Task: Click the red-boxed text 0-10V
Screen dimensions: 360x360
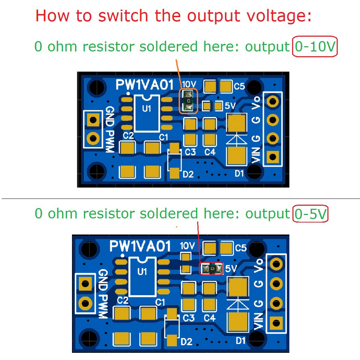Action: coord(315,47)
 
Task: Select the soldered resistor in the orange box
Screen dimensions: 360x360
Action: coord(189,101)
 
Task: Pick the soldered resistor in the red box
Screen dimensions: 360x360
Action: coord(211,269)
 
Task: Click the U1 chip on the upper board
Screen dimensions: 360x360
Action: coord(146,112)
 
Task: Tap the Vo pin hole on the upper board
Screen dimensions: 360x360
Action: coord(271,102)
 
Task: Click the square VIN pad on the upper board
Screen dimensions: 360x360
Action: coord(271,157)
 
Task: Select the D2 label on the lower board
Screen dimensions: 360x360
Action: coord(187,342)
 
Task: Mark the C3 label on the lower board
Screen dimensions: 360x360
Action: coord(189,318)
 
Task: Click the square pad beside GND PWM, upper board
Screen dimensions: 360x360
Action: coord(93,120)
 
